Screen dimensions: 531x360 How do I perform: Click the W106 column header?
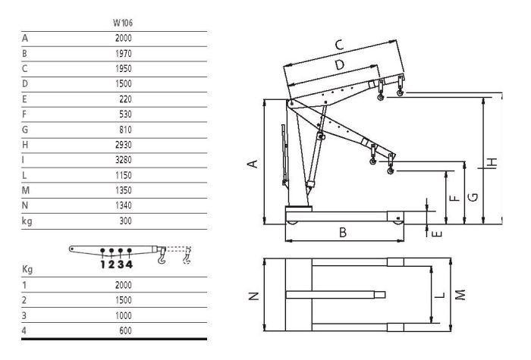tap(123, 23)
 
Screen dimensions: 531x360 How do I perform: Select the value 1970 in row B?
tap(123, 54)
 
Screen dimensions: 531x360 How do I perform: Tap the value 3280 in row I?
tap(123, 160)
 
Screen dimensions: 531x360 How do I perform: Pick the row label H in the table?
tap(25, 145)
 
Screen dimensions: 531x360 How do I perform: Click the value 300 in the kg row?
tap(125, 221)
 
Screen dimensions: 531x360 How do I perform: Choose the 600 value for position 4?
tap(125, 330)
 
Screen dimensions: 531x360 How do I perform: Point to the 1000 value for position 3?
tap(123, 315)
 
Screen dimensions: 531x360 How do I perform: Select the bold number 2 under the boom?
tap(112, 265)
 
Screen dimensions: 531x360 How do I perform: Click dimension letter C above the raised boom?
tap(339, 45)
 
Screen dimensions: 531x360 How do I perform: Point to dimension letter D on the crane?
tap(340, 64)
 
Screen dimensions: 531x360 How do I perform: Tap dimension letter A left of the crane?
tap(253, 164)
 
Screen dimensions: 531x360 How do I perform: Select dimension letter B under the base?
tap(343, 233)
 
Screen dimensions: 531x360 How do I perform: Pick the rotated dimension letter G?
tap(473, 197)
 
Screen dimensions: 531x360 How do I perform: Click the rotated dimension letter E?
tap(438, 233)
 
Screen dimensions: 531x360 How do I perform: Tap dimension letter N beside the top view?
tap(253, 296)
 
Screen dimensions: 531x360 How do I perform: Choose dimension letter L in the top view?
tap(439, 296)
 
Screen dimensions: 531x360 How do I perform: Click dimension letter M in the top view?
tap(460, 295)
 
